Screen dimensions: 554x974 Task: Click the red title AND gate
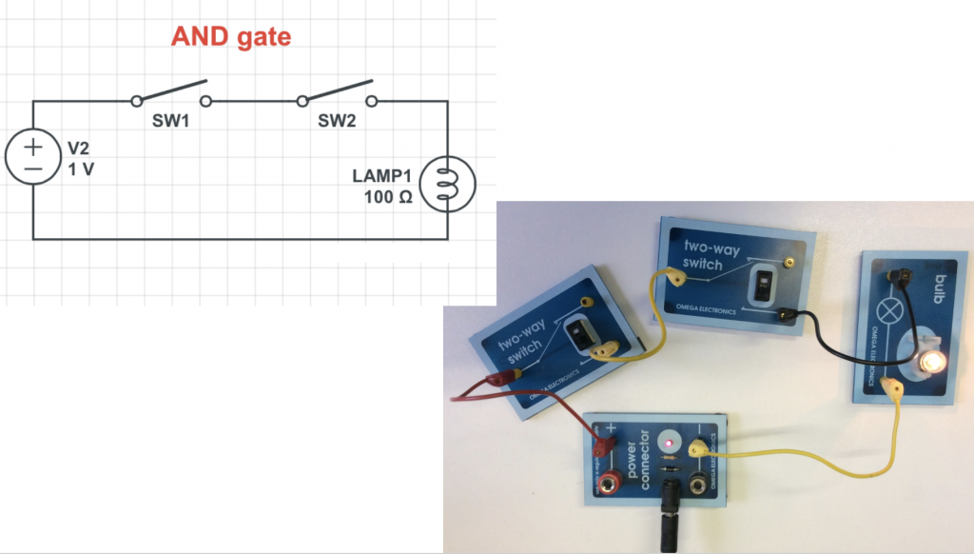point(230,38)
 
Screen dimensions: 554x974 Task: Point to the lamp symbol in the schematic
point(447,184)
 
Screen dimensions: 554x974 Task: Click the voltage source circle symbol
point(33,158)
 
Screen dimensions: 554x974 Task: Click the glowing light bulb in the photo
point(930,361)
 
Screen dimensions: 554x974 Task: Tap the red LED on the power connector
point(669,443)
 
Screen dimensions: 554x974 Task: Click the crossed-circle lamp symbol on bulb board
point(894,311)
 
